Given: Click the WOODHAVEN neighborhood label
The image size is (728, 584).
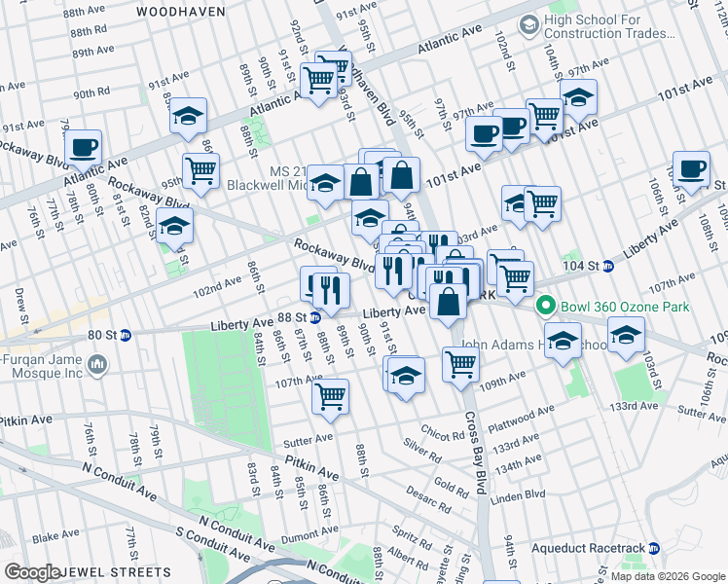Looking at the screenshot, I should [x=181, y=12].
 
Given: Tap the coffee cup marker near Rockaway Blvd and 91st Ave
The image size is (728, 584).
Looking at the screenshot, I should [x=83, y=147].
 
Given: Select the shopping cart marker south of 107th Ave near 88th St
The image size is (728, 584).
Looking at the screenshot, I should [x=331, y=396].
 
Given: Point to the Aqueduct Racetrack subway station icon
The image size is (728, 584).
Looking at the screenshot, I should [x=655, y=548].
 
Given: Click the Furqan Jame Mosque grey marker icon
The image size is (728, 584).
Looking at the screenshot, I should [x=96, y=365].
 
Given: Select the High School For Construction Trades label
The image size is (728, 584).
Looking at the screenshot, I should [x=609, y=26].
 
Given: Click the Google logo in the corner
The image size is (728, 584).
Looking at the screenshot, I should [x=31, y=572].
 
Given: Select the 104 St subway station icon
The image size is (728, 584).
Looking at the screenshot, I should [x=608, y=265].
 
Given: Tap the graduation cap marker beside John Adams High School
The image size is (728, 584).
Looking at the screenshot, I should [x=564, y=342].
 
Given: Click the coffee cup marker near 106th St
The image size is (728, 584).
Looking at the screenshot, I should [x=691, y=168].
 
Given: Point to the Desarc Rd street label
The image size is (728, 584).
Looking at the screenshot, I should [x=431, y=493].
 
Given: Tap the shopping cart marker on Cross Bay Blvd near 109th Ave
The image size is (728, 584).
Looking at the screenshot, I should [x=460, y=365].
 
